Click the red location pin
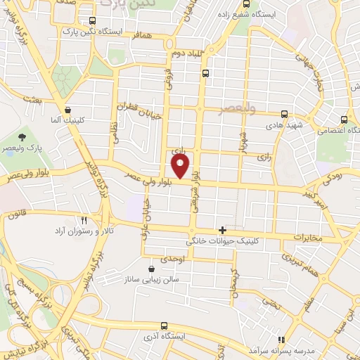point(181,167)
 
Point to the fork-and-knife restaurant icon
point(84,220)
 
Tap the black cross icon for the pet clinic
point(223,229)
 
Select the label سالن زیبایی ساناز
point(151,279)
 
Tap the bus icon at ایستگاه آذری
point(165,326)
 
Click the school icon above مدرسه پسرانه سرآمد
point(281,339)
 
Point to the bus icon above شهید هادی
point(284,113)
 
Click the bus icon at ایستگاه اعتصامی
point(343,120)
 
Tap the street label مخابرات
point(307,238)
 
